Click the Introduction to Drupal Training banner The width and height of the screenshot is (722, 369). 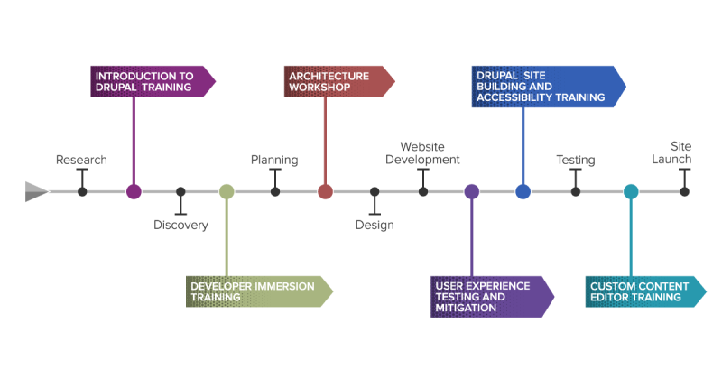[153, 81]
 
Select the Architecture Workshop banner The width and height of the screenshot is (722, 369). [339, 81]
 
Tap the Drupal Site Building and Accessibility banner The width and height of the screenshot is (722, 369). [549, 87]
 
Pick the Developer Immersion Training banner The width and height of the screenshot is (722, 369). [259, 291]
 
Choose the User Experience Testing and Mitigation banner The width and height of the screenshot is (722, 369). [492, 297]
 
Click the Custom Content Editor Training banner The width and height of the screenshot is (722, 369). [645, 291]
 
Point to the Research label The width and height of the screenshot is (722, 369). [81, 160]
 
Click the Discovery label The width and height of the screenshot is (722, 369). [180, 225]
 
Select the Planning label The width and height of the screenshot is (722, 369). [274, 160]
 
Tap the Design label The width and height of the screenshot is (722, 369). [375, 225]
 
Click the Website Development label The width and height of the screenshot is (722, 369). [422, 153]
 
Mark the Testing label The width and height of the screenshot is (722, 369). [576, 160]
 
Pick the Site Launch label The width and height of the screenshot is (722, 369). [671, 152]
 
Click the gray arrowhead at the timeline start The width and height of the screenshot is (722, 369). [36, 191]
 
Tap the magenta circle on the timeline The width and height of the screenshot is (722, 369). [134, 191]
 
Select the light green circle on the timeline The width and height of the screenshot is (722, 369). [227, 191]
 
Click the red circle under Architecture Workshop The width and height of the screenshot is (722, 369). [325, 191]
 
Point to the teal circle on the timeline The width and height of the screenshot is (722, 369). [631, 191]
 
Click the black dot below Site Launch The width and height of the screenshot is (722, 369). [685, 191]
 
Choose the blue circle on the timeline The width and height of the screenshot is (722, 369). [523, 191]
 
